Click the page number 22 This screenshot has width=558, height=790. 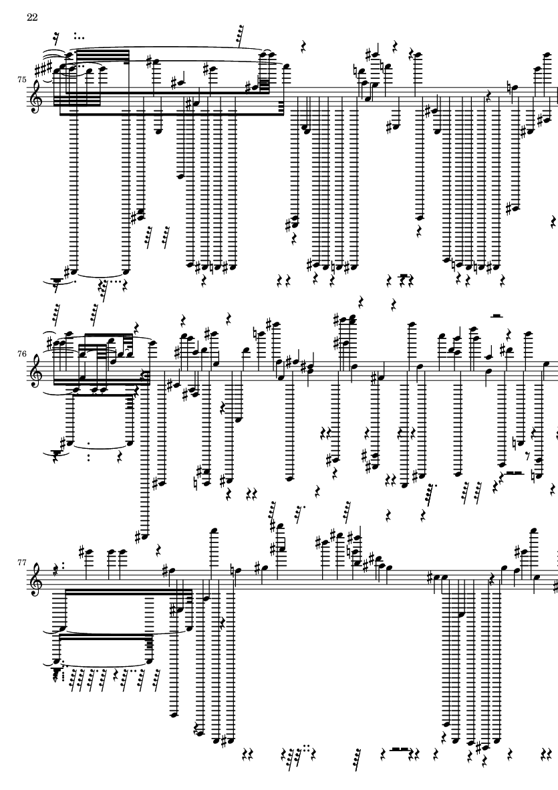pos(32,17)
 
